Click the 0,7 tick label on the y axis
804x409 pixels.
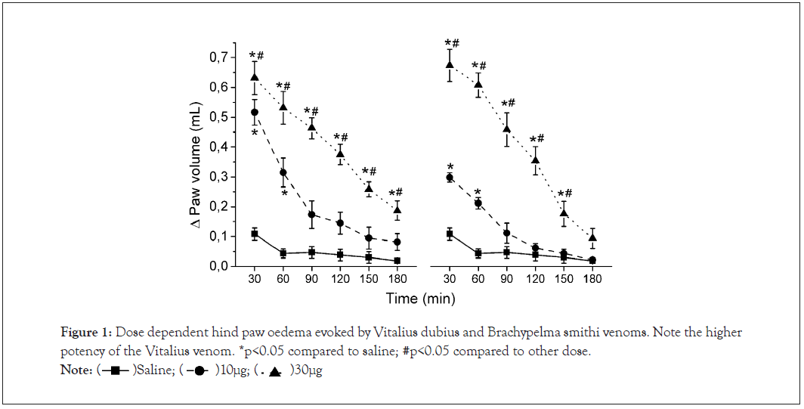click(x=217, y=57)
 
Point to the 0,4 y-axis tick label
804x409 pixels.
click(x=217, y=147)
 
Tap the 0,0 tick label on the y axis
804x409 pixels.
click(x=217, y=266)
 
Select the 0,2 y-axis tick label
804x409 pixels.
click(x=217, y=206)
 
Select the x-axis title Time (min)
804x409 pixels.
click(x=420, y=299)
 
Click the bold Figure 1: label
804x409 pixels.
click(x=85, y=333)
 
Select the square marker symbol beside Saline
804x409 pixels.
click(x=115, y=370)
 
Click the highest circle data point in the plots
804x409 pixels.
click(x=255, y=112)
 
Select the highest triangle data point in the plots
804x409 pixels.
click(x=450, y=64)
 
